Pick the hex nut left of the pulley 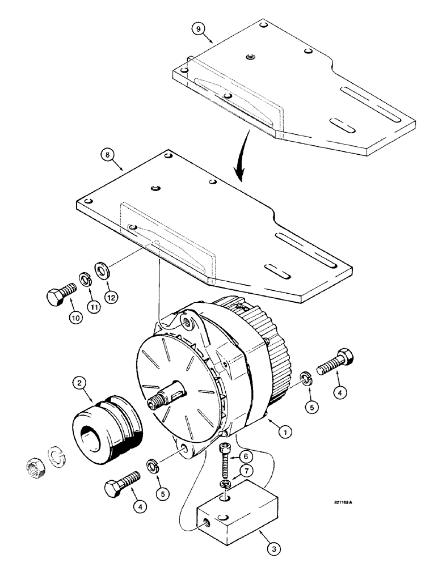[36, 467]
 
